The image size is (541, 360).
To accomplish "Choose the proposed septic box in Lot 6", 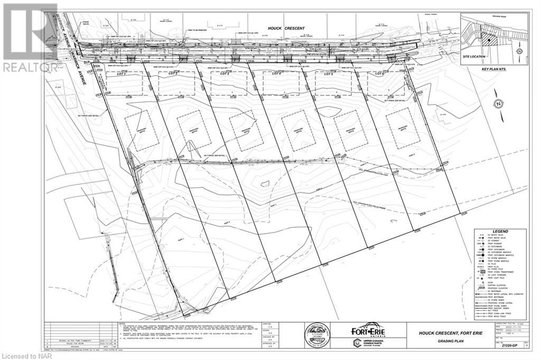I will coord(403,129).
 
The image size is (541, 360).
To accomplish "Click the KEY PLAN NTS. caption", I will coord(493,69).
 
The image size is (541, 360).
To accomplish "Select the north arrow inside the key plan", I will coord(520,51).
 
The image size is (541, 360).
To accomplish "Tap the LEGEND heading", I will coord(500,231).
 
